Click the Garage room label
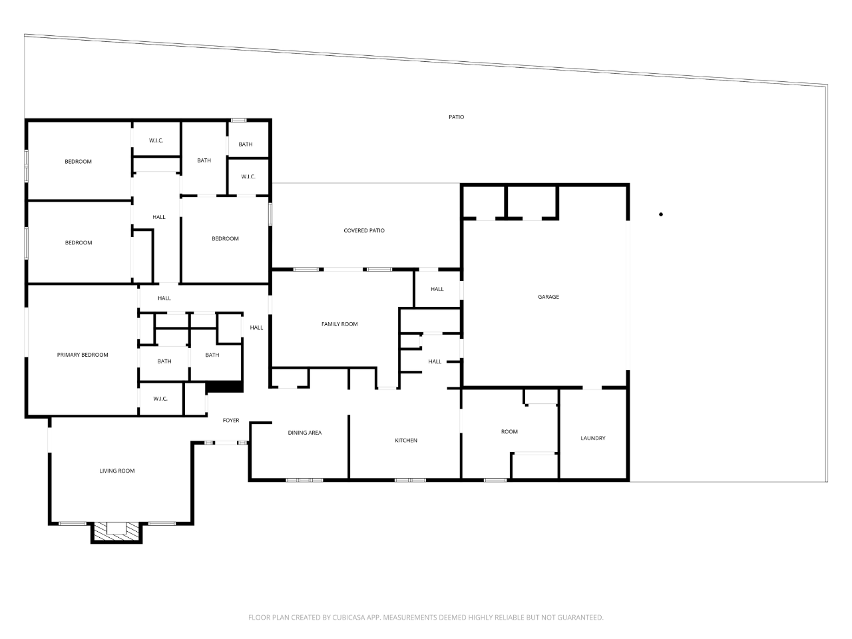pos(548,297)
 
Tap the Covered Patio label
pos(364,231)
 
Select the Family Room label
pos(339,324)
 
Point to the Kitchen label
pos(406,441)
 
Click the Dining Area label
pos(305,433)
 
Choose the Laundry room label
pos(593,439)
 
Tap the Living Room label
pos(117,471)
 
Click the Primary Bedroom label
pos(83,355)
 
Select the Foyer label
pos(231,421)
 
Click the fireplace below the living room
pos(116,531)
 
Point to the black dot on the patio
pos(661,214)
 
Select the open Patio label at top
pos(456,117)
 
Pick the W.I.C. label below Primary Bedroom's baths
pos(160,399)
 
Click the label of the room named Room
pos(509,432)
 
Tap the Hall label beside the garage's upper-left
pos(437,290)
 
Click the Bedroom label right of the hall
pos(225,239)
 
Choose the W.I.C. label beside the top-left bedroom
pos(156,140)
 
